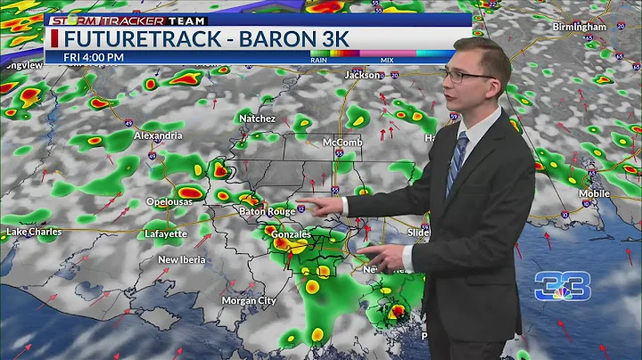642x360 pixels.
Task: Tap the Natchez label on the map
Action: coord(257,118)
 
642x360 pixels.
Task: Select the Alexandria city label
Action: coord(159,135)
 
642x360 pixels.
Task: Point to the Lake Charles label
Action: coord(34,232)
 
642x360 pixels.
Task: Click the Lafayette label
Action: coord(166,234)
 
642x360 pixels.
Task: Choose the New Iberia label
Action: coord(182,260)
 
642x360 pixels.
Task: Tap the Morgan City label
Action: coord(248,300)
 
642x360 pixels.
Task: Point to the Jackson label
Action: coord(362,76)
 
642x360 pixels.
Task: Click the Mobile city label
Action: coord(594,192)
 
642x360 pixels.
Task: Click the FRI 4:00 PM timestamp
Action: coord(94,58)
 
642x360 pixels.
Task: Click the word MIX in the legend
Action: coord(387,60)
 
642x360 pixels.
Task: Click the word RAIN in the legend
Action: coord(318,60)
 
